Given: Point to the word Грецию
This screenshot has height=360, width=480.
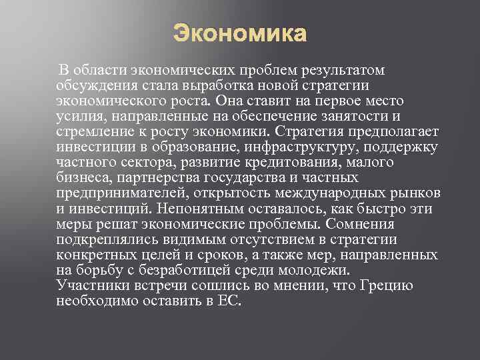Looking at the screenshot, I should click(x=386, y=285).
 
